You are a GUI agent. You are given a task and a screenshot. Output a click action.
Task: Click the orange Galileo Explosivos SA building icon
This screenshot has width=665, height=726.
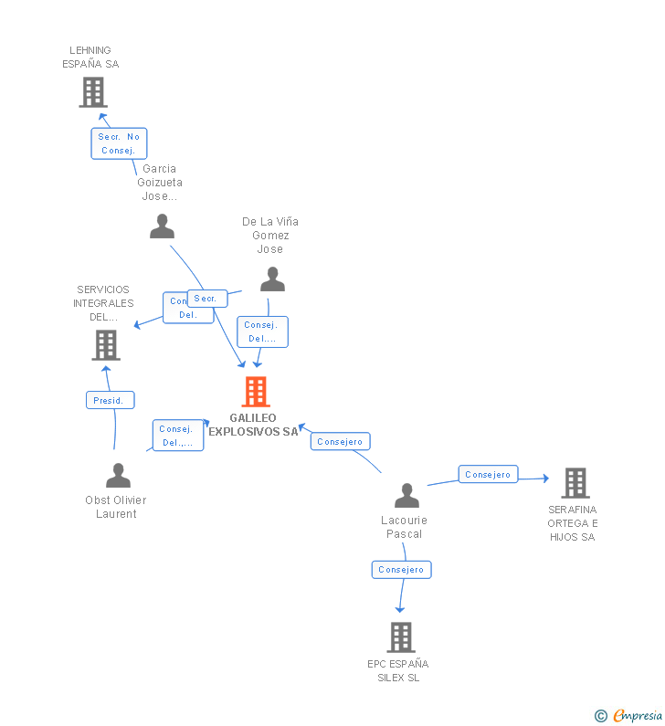coord(256,392)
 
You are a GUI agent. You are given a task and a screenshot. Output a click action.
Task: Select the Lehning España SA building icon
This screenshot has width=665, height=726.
coord(92,92)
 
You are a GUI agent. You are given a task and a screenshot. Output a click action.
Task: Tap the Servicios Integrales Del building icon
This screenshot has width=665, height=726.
coord(106,345)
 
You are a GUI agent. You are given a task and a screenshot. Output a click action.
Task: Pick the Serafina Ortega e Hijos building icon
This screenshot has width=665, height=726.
coord(575,483)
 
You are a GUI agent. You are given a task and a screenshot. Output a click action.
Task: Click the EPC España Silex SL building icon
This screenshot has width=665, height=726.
coord(400,637)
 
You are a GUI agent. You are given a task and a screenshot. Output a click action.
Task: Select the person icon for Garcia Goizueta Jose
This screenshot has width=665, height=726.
coord(162,226)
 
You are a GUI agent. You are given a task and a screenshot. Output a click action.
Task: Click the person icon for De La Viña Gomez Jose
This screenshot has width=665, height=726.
coord(272,279)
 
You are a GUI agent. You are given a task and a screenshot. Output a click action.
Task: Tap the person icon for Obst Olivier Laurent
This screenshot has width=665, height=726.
coord(118,476)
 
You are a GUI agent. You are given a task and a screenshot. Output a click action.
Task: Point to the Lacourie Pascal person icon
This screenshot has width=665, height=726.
coord(406,496)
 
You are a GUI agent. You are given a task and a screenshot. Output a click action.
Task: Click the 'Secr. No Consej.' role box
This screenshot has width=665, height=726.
coord(119,143)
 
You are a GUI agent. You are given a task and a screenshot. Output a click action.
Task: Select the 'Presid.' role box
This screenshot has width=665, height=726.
coord(111,400)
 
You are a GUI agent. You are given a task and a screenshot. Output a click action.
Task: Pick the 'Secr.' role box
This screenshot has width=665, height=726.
coord(206,299)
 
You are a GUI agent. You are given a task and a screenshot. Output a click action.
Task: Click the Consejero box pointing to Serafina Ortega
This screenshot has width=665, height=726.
coord(488,475)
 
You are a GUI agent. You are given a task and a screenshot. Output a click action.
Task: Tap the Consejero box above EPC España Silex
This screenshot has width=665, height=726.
coord(401,570)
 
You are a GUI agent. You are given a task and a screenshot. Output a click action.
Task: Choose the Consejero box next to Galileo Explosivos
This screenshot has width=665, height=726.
coord(340,442)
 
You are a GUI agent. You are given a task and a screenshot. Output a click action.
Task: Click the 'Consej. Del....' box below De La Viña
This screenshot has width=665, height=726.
coord(262,331)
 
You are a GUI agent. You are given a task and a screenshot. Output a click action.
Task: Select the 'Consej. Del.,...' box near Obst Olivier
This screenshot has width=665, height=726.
coord(177,436)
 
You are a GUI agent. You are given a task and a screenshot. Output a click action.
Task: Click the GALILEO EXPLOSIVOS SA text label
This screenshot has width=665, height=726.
coord(253,425)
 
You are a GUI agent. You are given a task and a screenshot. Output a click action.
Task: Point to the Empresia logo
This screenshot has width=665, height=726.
coord(637,716)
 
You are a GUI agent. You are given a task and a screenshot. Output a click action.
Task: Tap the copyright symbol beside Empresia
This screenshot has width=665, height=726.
coord(600,716)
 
